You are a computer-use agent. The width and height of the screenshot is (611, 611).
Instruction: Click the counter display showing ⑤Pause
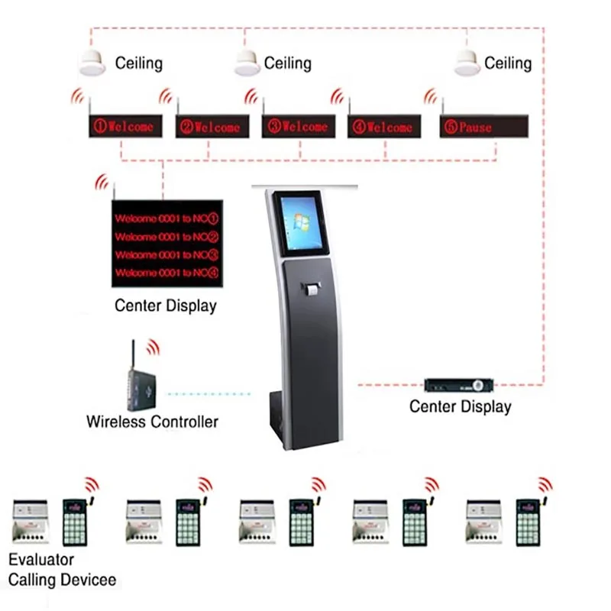pos(483,126)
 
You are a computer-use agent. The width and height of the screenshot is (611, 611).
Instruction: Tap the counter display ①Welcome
pos(125,126)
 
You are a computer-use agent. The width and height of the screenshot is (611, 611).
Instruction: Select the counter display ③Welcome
pos(298,126)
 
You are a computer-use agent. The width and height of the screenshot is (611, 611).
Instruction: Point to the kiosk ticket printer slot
pos(310,289)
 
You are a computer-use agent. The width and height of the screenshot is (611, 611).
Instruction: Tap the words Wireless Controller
pos(152,421)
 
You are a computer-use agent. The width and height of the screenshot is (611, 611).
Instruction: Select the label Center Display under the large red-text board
pos(166,306)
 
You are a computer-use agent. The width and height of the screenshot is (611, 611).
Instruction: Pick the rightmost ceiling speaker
pos(467,63)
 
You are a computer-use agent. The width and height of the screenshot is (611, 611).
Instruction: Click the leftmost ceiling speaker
pos(92,63)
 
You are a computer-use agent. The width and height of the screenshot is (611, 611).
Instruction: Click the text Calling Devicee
pos(63,580)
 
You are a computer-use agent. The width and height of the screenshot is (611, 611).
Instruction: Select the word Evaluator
pos(41,561)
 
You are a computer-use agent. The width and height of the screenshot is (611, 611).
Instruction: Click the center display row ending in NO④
pos(166,273)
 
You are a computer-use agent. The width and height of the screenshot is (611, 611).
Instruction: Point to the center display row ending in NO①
pos(166,218)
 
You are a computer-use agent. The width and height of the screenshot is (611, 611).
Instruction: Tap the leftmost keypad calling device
pos(75,522)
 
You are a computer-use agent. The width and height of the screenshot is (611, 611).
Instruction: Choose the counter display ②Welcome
pos(212,126)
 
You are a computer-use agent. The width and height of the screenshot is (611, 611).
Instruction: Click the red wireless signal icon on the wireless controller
pos(154,348)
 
